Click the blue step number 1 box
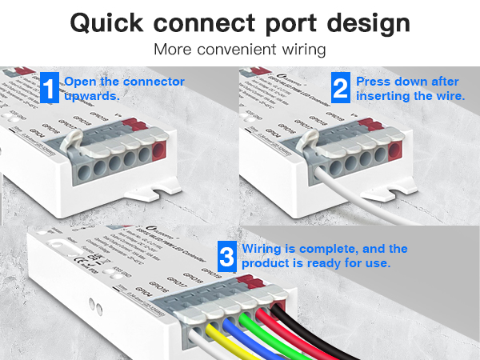coord(50,88)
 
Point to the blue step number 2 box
coord(342,88)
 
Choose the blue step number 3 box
coord(227,257)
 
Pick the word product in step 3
coord(270,263)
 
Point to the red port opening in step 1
coord(158,151)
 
